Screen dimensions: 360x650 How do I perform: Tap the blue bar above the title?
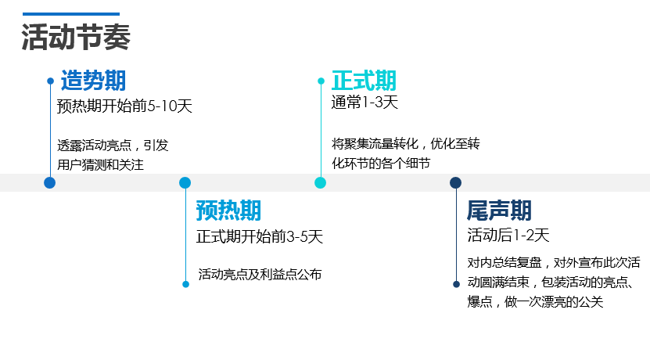point(71,14)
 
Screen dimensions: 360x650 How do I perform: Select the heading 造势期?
point(93,81)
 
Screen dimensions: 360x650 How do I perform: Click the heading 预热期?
point(228,211)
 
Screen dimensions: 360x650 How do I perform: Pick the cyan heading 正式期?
point(364,81)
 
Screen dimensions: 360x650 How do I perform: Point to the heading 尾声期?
point(499,211)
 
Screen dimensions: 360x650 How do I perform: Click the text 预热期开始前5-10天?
point(124,106)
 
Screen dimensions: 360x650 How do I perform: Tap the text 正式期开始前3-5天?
point(259,236)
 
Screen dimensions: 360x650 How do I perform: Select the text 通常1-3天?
point(365,103)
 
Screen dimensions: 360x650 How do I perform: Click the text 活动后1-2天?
point(508,235)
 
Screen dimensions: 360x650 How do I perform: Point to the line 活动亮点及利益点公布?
point(260,274)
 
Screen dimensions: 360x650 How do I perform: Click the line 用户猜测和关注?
point(101,164)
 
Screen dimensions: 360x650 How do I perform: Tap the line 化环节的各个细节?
point(381,163)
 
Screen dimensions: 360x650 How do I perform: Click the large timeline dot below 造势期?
point(50,183)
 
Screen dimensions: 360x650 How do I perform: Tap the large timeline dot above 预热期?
point(185,183)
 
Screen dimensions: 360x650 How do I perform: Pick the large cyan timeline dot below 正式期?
point(321,183)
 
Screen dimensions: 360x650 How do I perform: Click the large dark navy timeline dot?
point(456,183)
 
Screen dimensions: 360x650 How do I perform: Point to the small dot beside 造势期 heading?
point(50,81)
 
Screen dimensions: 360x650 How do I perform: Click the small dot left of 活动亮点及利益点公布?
point(185,284)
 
